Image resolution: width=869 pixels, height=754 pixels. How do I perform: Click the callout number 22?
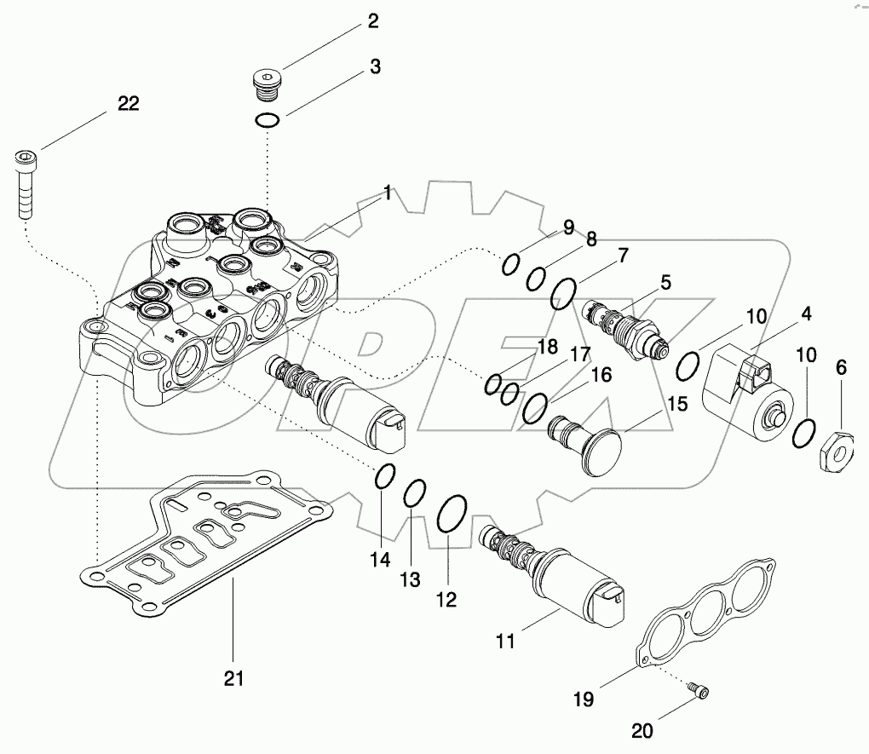point(128,103)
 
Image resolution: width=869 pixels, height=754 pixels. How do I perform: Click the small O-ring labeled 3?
point(268,121)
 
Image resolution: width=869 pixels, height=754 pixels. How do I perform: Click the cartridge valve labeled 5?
point(624,328)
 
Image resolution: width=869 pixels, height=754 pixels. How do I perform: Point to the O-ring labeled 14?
point(384,477)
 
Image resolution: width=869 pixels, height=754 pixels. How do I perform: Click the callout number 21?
point(233,678)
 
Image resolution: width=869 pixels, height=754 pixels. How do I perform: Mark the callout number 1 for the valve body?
point(387,194)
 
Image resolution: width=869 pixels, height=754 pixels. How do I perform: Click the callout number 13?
point(411,579)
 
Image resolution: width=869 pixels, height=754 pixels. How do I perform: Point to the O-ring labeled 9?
point(510,265)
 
